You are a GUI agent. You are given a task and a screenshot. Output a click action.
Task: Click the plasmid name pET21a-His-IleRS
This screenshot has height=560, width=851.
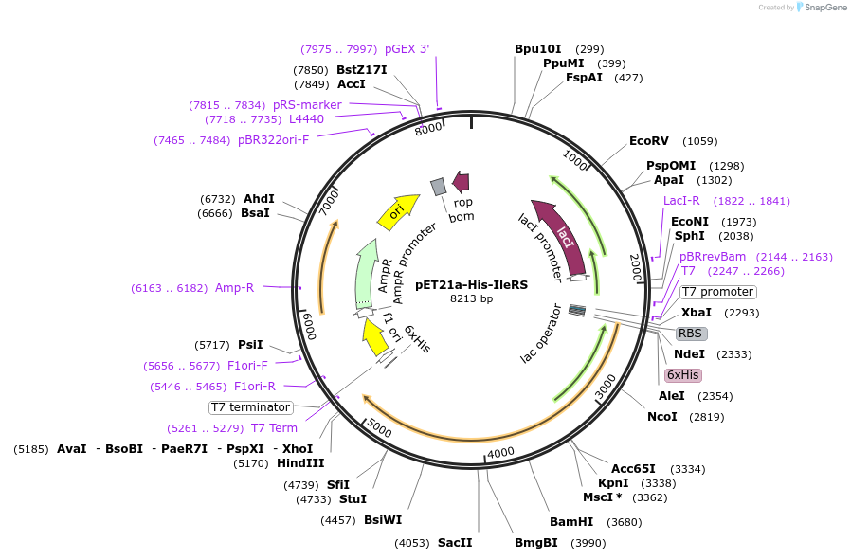click(471, 284)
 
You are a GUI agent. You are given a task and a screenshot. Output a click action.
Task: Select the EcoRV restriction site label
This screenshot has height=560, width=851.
click(649, 141)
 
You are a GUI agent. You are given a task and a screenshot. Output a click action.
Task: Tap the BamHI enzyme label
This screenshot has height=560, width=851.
click(571, 522)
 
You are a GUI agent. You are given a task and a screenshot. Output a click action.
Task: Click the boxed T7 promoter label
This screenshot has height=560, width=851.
click(718, 292)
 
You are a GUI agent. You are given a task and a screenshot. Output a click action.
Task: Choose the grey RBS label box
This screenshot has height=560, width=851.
click(691, 334)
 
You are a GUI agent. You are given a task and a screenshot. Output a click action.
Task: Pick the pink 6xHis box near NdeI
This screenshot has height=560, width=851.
click(682, 375)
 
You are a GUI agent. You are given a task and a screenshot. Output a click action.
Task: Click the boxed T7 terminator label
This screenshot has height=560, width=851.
click(251, 407)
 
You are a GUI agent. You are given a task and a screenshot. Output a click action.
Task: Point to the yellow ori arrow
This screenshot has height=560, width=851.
click(398, 211)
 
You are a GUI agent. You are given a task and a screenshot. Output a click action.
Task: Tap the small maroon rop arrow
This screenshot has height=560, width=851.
click(462, 181)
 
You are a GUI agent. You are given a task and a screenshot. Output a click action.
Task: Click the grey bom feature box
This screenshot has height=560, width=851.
click(438, 187)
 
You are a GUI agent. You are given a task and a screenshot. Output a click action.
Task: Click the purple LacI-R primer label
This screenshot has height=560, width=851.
click(681, 201)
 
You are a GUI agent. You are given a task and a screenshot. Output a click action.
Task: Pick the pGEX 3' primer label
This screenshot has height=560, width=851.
click(407, 49)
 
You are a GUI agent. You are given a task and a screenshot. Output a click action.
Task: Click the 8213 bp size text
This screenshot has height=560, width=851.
click(471, 299)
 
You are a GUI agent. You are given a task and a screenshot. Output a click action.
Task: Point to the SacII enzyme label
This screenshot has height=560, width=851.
click(455, 543)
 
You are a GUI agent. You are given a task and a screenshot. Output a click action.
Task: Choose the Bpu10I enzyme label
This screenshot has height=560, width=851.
click(538, 49)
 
